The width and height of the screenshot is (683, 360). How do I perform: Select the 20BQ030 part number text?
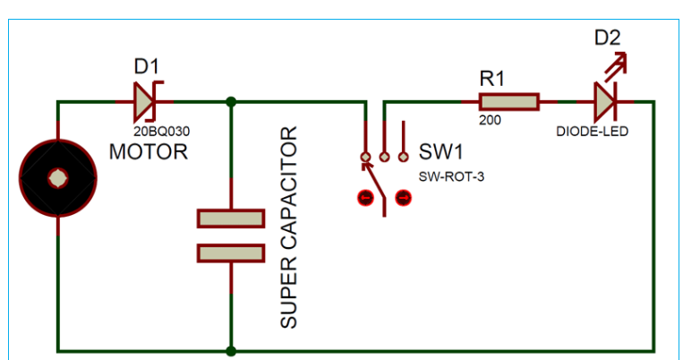point(168,131)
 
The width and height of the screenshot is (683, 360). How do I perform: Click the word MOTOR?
point(149,151)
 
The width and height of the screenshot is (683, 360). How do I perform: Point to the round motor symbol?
point(56,178)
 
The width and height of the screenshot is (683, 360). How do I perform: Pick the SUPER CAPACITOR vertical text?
point(288,228)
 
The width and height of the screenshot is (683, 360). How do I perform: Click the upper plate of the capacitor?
point(231,219)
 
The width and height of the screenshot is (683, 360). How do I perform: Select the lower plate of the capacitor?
point(231,253)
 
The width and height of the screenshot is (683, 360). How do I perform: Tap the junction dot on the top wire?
point(231,101)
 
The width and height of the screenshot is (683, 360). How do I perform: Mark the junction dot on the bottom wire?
point(231,350)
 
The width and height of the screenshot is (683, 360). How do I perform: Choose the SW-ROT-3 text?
point(451,176)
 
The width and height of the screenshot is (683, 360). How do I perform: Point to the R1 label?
point(492,79)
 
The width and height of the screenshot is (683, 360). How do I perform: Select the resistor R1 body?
point(509,101)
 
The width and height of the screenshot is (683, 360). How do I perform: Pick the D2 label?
point(606,38)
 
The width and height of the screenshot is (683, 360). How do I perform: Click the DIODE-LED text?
point(592,131)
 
